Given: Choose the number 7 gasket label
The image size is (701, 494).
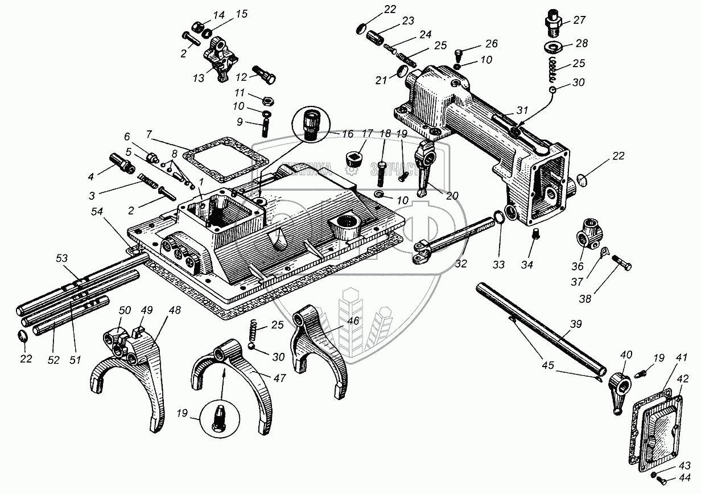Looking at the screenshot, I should [x=148, y=134].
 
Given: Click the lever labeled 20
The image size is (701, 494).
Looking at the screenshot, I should [x=423, y=174].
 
